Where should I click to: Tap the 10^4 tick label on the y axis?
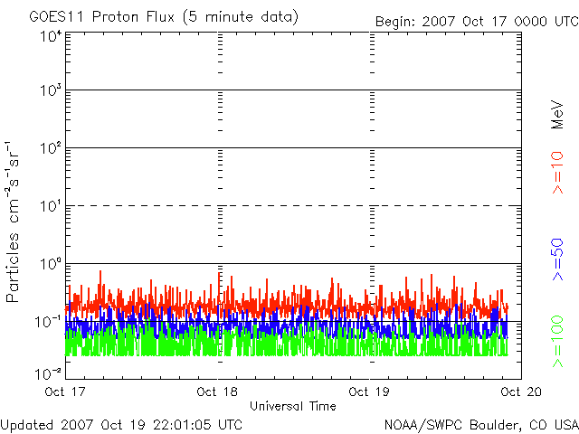(x=50, y=36)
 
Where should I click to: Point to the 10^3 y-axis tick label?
(x=50, y=91)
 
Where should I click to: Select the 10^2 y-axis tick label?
(x=50, y=148)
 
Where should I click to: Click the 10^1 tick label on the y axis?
(x=50, y=206)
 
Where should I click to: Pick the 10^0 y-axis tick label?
(x=50, y=264)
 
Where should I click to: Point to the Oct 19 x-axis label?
(x=368, y=392)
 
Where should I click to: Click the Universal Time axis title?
(x=293, y=406)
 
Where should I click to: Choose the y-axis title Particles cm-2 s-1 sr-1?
(x=15, y=222)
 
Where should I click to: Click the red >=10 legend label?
(x=558, y=173)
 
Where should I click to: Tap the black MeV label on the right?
(x=558, y=115)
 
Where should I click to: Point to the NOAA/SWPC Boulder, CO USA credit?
(x=480, y=424)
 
